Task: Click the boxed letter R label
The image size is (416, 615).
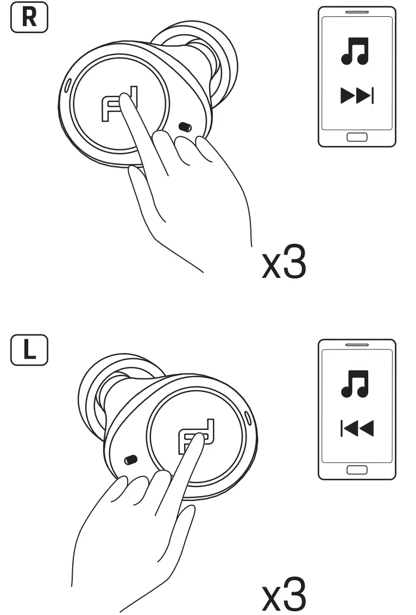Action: click(29, 19)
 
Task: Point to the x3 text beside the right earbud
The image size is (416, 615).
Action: click(283, 264)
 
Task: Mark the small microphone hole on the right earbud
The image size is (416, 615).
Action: click(184, 126)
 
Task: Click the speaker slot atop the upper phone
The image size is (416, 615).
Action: click(356, 12)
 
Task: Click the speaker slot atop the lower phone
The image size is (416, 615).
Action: click(356, 345)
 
